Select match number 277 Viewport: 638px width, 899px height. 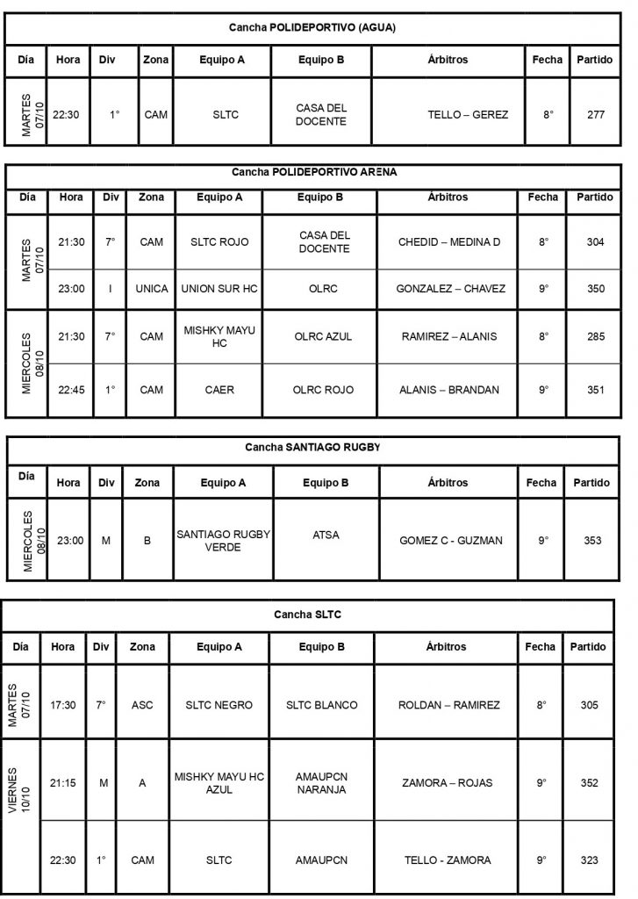pyautogui.click(x=594, y=114)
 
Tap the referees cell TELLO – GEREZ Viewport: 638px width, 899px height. pyautogui.click(x=468, y=114)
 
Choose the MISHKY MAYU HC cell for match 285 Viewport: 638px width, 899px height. pyautogui.click(x=219, y=336)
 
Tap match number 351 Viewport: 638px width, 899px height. pyautogui.click(x=595, y=390)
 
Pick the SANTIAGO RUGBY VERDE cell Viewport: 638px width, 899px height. pyautogui.click(x=224, y=541)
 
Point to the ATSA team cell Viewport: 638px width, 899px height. pyautogui.click(x=326, y=534)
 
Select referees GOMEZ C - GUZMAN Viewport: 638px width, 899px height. pyautogui.click(x=450, y=541)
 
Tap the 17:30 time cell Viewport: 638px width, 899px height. pyautogui.click(x=62, y=705)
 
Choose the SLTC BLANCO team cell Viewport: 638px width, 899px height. pyautogui.click(x=320, y=705)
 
